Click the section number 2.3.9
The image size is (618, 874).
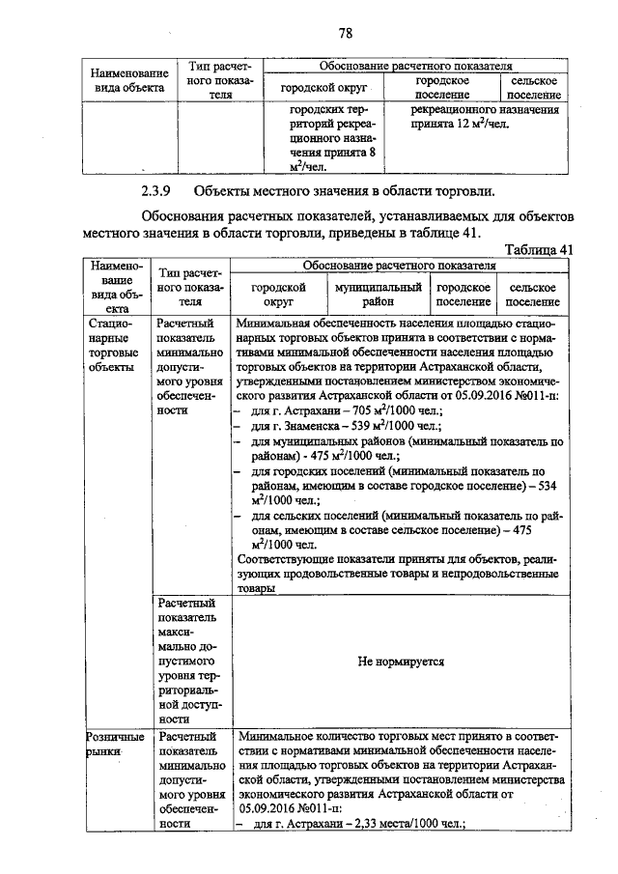click(157, 189)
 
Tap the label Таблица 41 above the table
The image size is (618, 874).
click(538, 249)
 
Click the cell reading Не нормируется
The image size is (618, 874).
click(400, 662)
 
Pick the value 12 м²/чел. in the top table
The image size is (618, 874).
click(472, 125)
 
